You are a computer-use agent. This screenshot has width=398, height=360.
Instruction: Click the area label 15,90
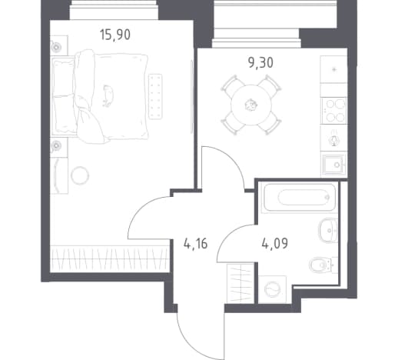[115, 35]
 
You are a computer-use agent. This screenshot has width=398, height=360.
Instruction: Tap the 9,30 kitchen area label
[260, 63]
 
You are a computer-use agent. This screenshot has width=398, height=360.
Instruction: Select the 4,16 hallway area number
[196, 243]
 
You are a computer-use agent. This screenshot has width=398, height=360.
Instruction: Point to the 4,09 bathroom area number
[275, 243]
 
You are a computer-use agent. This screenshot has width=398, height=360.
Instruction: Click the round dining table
[251, 105]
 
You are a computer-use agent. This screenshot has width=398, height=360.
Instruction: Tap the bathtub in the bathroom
[300, 198]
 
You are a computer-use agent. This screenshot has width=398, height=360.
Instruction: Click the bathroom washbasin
[328, 230]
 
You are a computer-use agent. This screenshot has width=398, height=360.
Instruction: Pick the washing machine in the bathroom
[272, 289]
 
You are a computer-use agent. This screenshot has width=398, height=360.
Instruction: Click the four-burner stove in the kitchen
[333, 111]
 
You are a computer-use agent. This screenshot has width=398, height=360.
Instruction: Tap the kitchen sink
[333, 164]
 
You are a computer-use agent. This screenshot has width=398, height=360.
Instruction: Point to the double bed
[100, 96]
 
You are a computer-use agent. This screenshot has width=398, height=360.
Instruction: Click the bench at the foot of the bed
[155, 96]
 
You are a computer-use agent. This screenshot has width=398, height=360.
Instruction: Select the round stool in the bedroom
[80, 175]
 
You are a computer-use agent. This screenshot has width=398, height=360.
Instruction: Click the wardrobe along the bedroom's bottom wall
[110, 259]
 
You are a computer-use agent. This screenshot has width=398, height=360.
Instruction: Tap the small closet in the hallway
[240, 284]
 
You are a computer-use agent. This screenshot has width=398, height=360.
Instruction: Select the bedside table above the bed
[59, 45]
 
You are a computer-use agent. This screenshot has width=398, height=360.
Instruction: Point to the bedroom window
[114, 9]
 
